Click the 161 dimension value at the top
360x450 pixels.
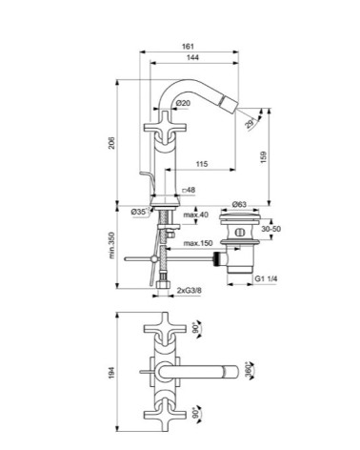pyautogui.click(x=188, y=47)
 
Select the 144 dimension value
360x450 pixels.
pyautogui.click(x=192, y=57)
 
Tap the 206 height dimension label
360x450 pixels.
pyautogui.click(x=111, y=143)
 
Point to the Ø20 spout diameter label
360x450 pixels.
pyautogui.click(x=183, y=103)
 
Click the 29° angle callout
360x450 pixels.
pyautogui.click(x=250, y=123)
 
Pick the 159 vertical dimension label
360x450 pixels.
pyautogui.click(x=264, y=157)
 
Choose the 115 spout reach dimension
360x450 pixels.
pyautogui.click(x=202, y=164)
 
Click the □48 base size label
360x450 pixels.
pyautogui.click(x=189, y=190)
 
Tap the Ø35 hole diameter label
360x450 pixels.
pyautogui.click(x=139, y=212)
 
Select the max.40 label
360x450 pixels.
pyautogui.click(x=196, y=215)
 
